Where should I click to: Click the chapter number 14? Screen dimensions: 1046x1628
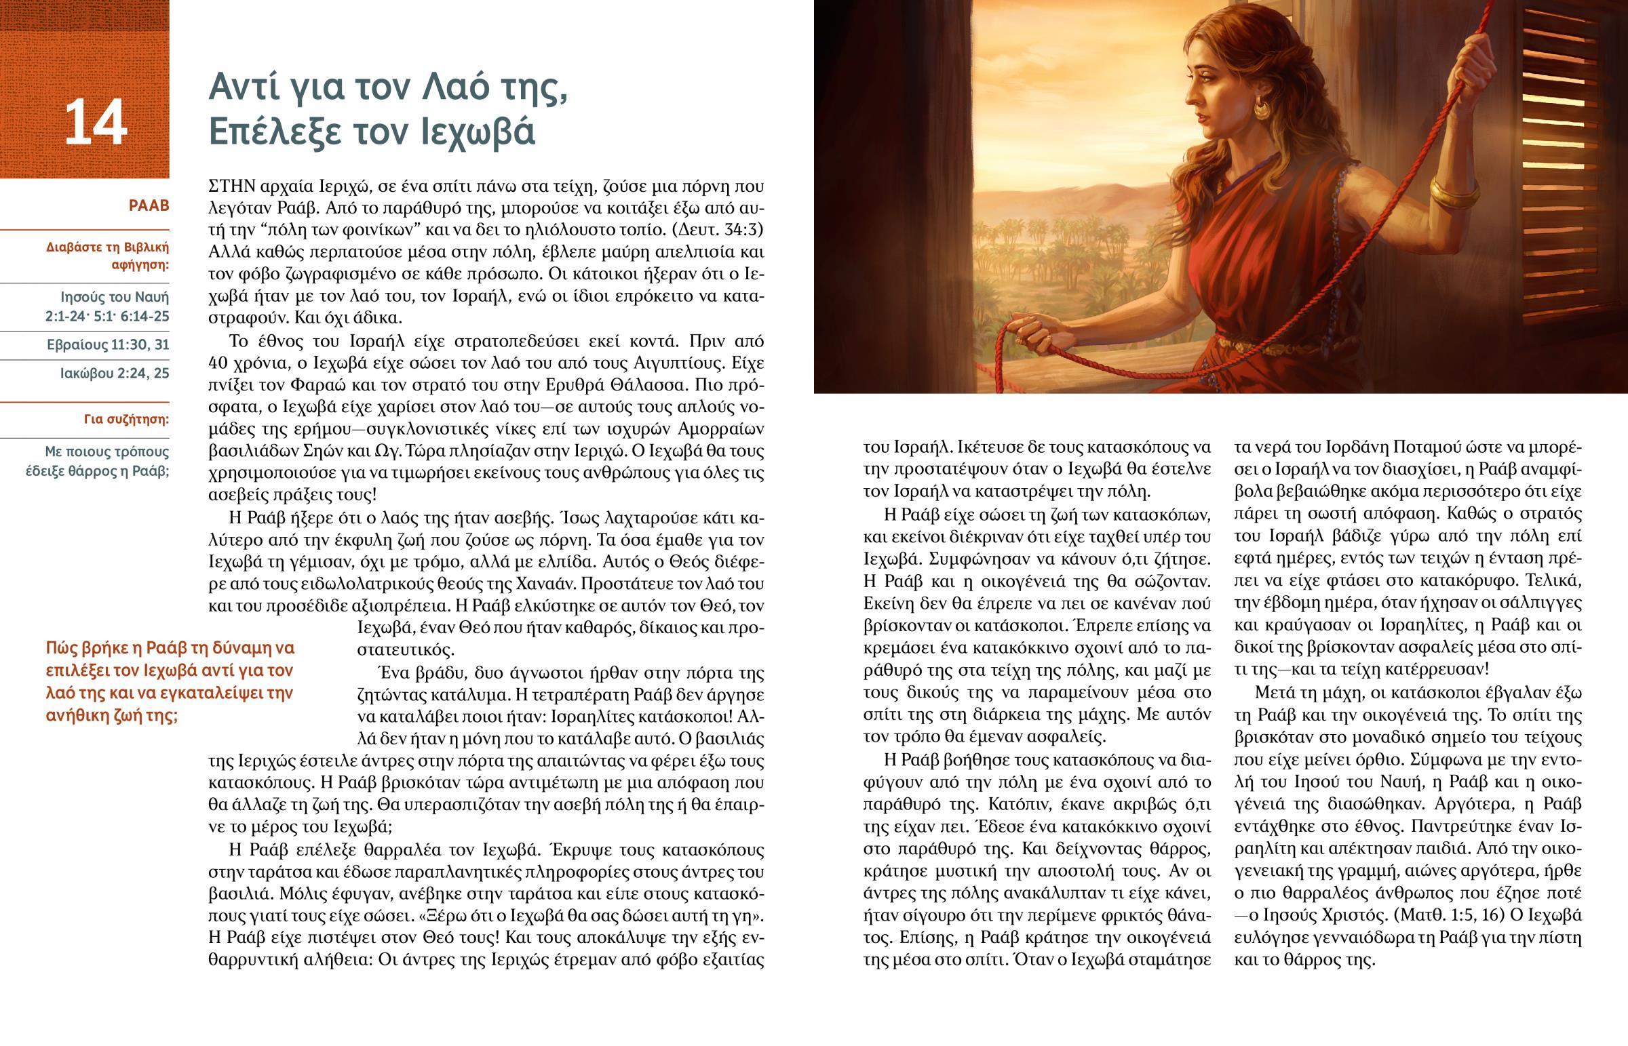tap(96, 123)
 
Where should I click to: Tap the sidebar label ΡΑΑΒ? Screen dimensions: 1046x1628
tap(149, 206)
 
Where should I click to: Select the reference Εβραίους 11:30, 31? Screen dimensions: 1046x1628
tap(108, 345)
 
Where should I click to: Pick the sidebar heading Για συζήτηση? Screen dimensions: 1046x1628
tap(126, 419)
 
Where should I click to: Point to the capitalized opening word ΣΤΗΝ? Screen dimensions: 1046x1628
tap(231, 186)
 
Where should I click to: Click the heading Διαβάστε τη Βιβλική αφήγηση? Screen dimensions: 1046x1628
tap(108, 256)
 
